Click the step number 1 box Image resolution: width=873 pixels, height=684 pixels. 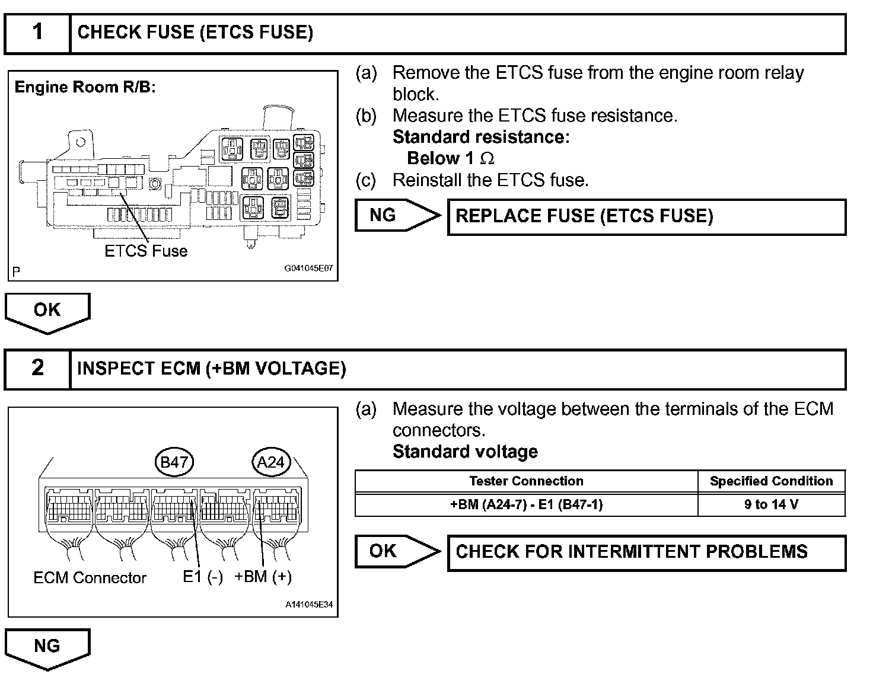click(37, 33)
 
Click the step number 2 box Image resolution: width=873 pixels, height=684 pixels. click(37, 369)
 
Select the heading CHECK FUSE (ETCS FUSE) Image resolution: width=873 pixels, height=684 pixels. click(195, 33)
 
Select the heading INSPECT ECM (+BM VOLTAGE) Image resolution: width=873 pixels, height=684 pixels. click(211, 369)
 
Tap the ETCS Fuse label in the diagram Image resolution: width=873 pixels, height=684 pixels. click(146, 251)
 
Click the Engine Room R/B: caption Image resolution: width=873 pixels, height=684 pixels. click(85, 88)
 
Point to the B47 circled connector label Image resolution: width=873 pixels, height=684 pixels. click(174, 462)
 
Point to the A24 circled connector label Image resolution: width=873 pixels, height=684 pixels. click(271, 462)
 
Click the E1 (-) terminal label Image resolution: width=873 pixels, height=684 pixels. click(202, 577)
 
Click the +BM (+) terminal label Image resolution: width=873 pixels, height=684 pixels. click(263, 577)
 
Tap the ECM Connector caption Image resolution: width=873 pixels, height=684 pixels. click(90, 578)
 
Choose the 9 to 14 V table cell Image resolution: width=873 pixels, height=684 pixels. click(771, 504)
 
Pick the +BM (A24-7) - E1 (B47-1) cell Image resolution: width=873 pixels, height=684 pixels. click(526, 504)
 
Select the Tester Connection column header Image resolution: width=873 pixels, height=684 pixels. click(526, 481)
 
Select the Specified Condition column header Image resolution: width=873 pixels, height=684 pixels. click(771, 481)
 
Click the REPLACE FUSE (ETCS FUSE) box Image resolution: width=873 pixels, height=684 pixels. click(646, 216)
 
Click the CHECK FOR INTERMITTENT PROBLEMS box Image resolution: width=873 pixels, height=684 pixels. click(646, 552)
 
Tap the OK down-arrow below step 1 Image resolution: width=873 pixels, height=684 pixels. click(47, 311)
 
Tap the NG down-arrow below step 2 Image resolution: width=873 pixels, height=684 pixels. click(47, 647)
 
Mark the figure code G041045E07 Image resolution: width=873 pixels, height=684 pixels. click(308, 269)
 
